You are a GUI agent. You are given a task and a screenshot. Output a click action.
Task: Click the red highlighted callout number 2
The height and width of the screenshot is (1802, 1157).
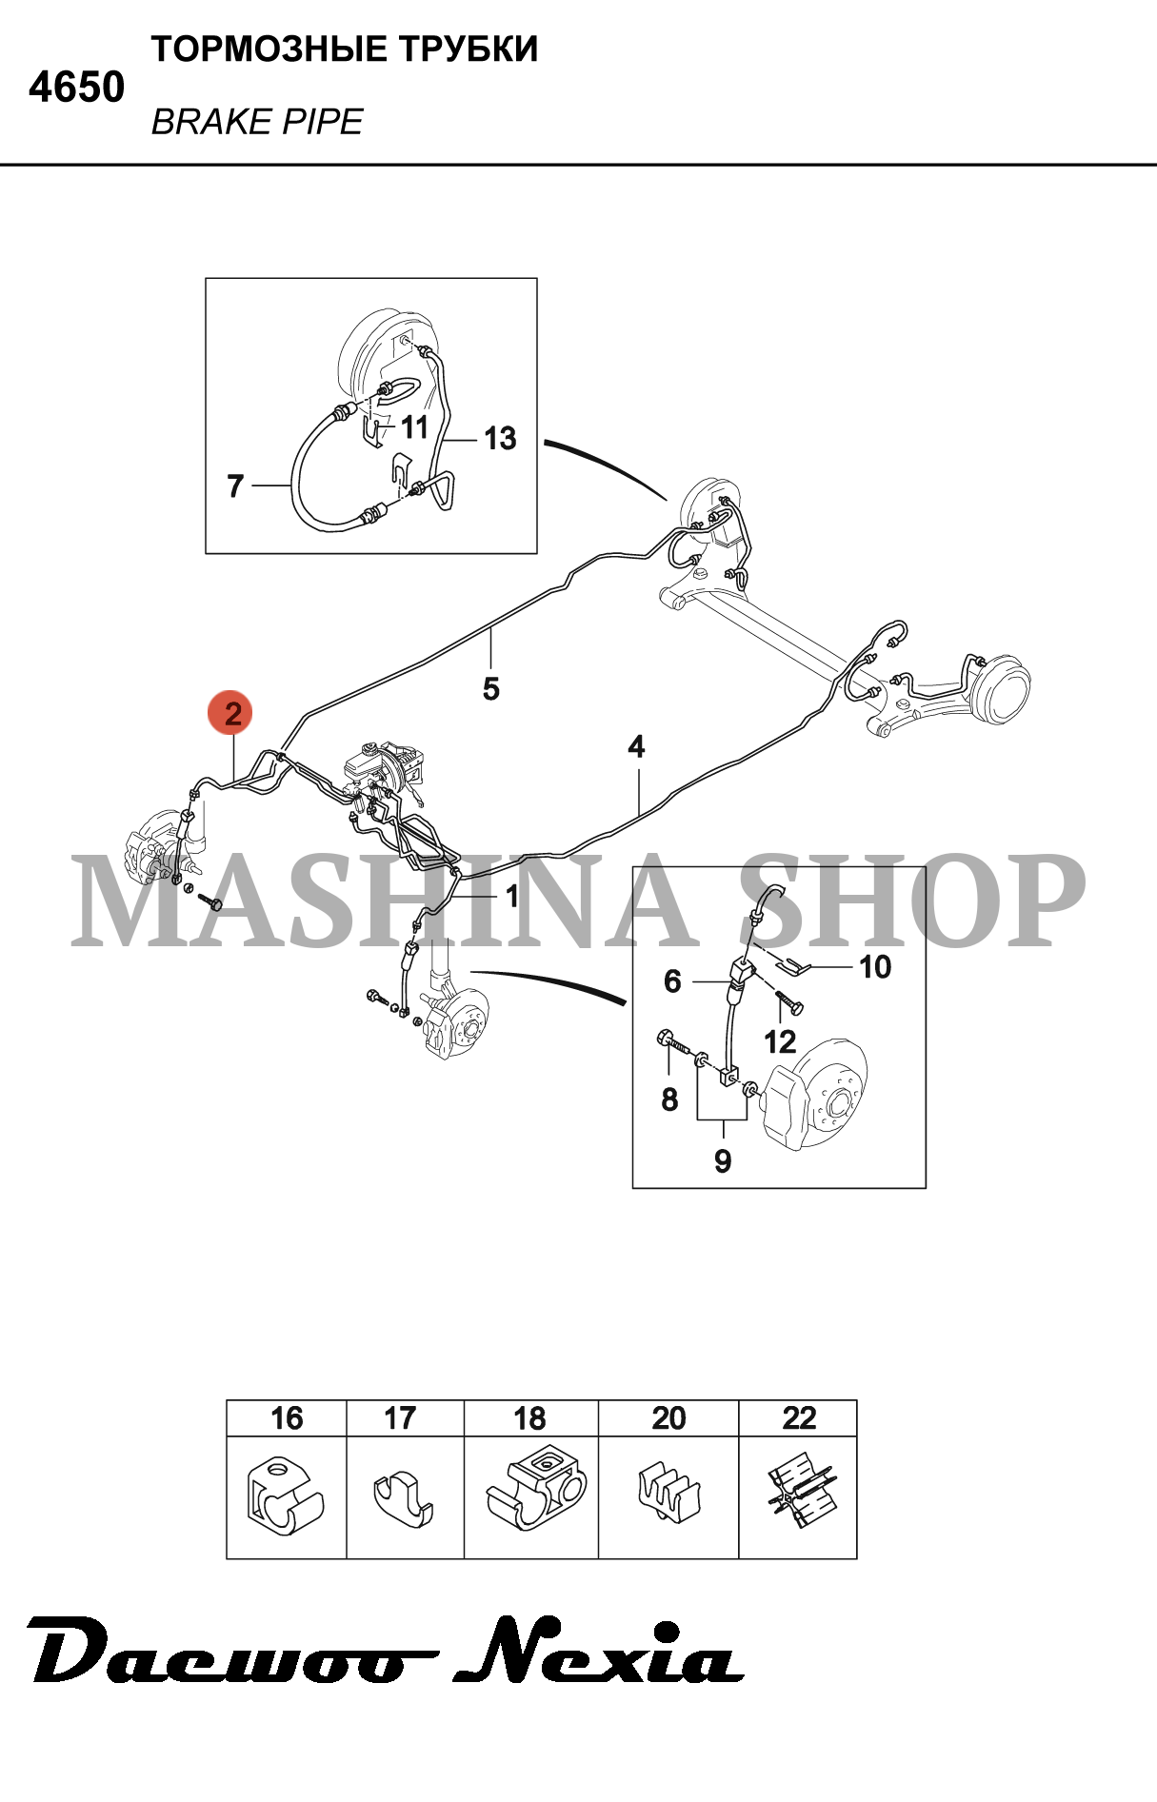[232, 713]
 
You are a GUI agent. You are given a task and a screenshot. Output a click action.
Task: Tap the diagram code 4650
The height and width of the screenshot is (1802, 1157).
[76, 88]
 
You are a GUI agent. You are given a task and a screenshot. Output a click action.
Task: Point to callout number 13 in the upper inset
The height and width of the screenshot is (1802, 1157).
[500, 439]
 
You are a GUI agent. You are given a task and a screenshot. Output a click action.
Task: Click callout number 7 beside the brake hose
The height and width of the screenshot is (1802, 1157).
[235, 486]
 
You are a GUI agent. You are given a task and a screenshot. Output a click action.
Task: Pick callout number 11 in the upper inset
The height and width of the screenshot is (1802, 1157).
[414, 427]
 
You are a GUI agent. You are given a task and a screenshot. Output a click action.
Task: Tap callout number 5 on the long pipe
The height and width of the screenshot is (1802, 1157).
[491, 688]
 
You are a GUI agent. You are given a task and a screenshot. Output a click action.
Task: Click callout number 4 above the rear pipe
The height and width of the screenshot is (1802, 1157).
[636, 746]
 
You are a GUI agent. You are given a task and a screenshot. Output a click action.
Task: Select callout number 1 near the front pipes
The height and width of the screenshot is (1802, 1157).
[512, 896]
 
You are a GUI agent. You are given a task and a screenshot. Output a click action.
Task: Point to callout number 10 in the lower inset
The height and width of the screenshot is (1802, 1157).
[875, 967]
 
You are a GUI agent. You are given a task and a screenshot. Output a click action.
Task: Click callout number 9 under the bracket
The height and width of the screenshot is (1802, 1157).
[723, 1161]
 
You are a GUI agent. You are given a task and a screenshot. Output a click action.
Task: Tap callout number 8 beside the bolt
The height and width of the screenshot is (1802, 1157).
[669, 1099]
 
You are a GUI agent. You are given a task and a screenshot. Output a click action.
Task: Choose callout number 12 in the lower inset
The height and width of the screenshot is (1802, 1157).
[780, 1042]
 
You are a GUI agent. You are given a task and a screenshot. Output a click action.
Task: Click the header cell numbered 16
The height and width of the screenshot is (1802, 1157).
[287, 1418]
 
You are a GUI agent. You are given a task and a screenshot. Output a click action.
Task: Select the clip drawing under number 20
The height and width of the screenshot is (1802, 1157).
[669, 1492]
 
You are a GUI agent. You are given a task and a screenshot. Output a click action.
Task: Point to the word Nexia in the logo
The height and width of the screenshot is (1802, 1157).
[599, 1653]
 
